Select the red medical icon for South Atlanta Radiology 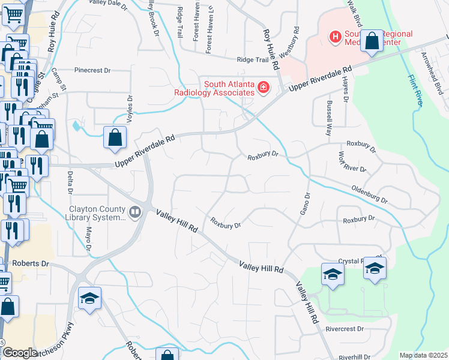[x=262, y=89]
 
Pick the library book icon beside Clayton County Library [x=136, y=212]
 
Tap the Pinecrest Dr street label [x=92, y=70]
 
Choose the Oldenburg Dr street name [x=370, y=194]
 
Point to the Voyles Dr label [x=128, y=108]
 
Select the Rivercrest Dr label [x=345, y=329]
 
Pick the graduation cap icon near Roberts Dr [x=89, y=298]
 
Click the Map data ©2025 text [x=424, y=355]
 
